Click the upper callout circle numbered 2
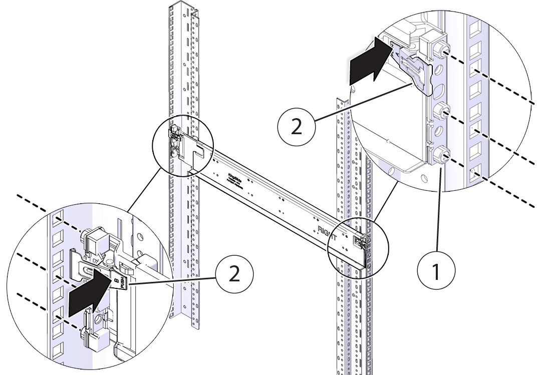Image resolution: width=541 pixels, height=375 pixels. coord(297,127)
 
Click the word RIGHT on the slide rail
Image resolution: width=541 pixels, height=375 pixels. coord(330,231)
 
